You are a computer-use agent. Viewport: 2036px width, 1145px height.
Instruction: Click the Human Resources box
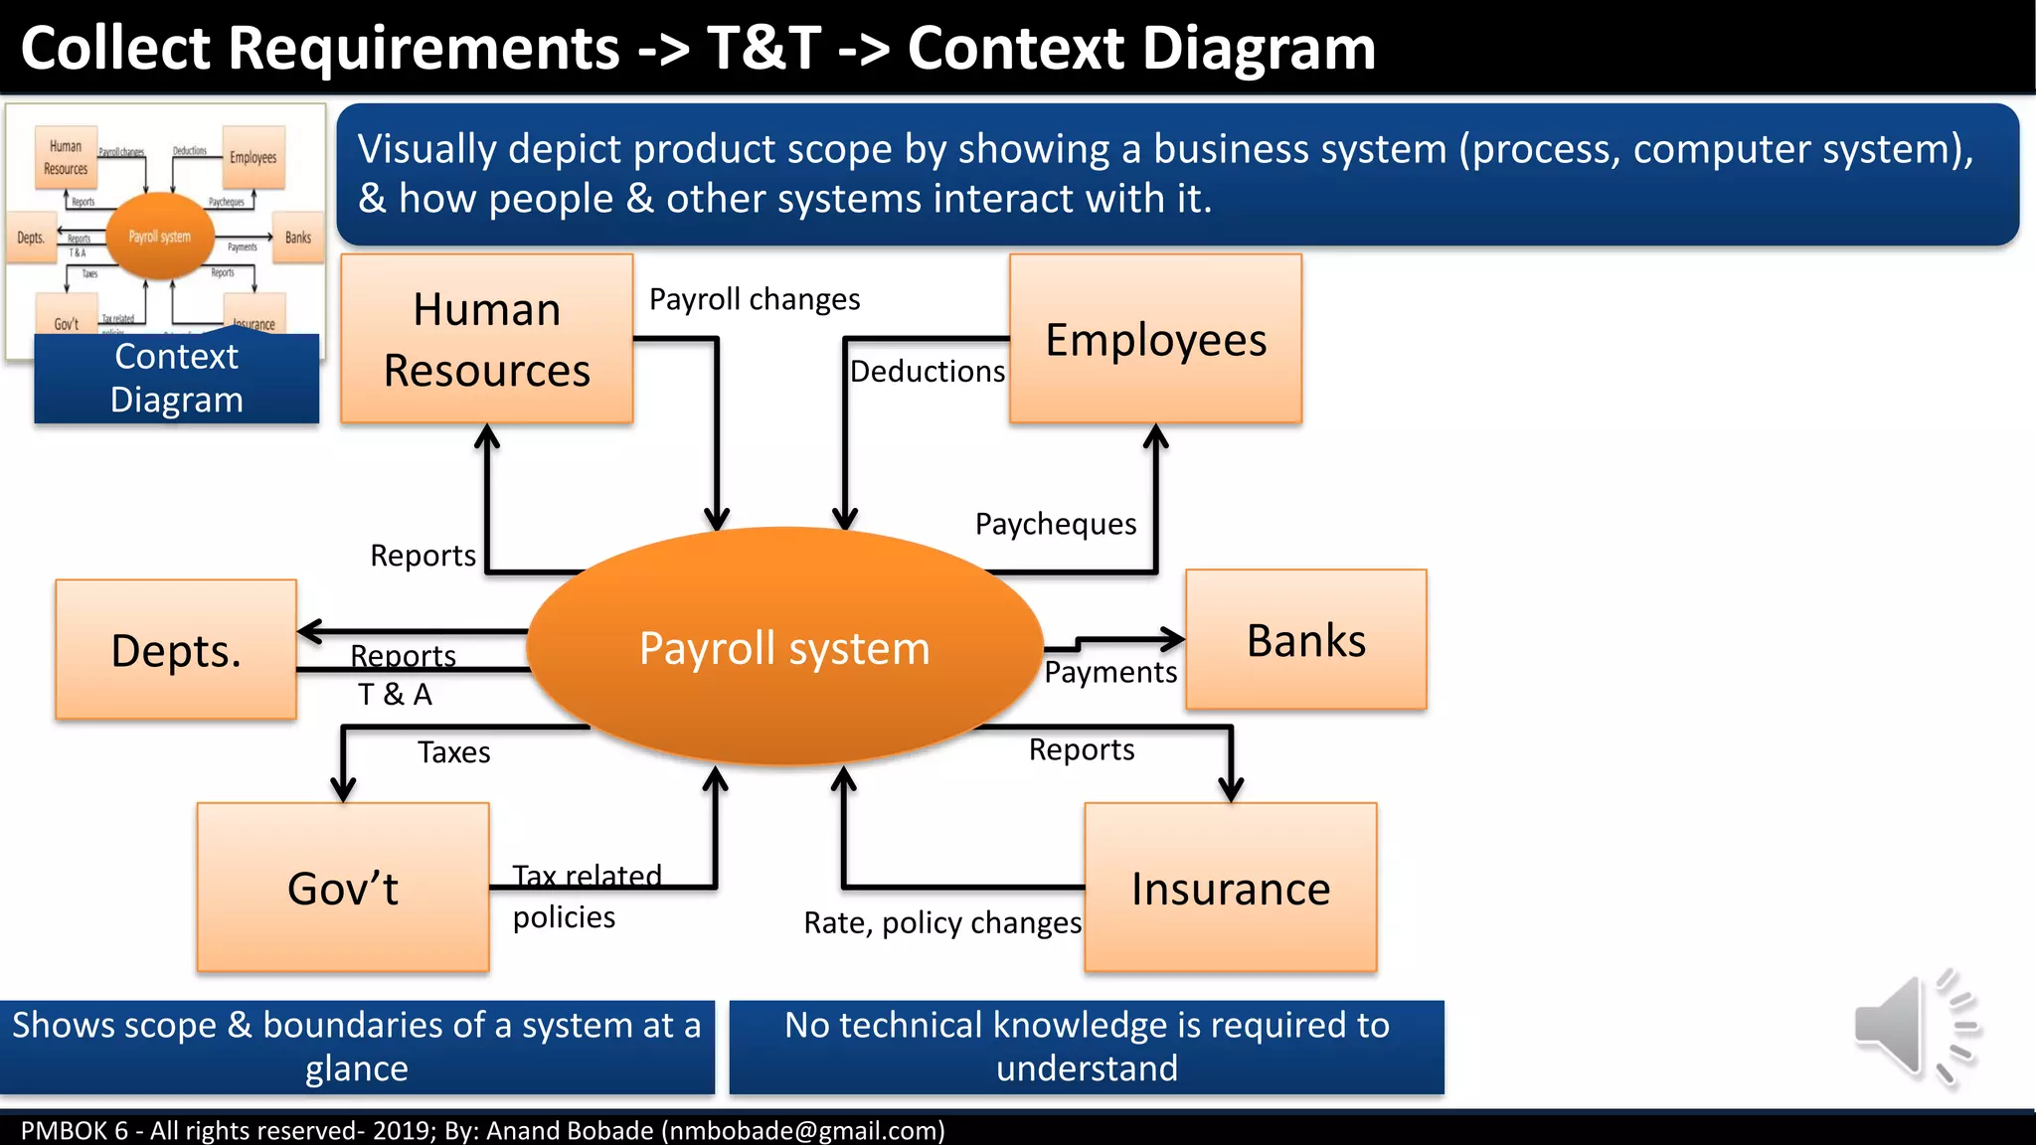pyautogui.click(x=486, y=339)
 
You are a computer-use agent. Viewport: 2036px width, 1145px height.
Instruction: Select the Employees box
pyautogui.click(x=1155, y=339)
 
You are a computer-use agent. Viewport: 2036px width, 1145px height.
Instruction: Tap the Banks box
pyautogui.click(x=1305, y=639)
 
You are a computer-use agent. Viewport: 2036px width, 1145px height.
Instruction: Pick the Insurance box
pyautogui.click(x=1230, y=888)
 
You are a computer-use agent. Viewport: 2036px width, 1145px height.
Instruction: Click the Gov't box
pyautogui.click(x=343, y=888)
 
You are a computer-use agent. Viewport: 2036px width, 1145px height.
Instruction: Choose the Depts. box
pyautogui.click(x=176, y=650)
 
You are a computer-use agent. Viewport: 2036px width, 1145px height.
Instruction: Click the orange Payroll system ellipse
pyautogui.click(x=784, y=647)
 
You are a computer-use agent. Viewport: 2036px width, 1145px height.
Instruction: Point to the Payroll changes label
pyautogui.click(x=754, y=299)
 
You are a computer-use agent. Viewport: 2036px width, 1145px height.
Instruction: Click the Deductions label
pyautogui.click(x=927, y=372)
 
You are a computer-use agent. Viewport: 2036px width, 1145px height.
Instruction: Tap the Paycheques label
pyautogui.click(x=1055, y=524)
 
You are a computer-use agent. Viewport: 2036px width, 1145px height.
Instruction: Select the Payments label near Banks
pyautogui.click(x=1109, y=673)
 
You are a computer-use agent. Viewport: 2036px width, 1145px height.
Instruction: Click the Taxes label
pyautogui.click(x=453, y=752)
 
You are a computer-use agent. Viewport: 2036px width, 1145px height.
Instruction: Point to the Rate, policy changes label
pyautogui.click(x=941, y=923)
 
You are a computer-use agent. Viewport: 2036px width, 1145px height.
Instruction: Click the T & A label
pyautogui.click(x=395, y=695)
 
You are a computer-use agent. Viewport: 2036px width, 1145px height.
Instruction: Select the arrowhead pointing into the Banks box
pyautogui.click(x=1173, y=639)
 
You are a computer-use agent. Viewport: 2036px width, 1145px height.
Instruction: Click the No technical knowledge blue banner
pyautogui.click(x=1086, y=1047)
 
